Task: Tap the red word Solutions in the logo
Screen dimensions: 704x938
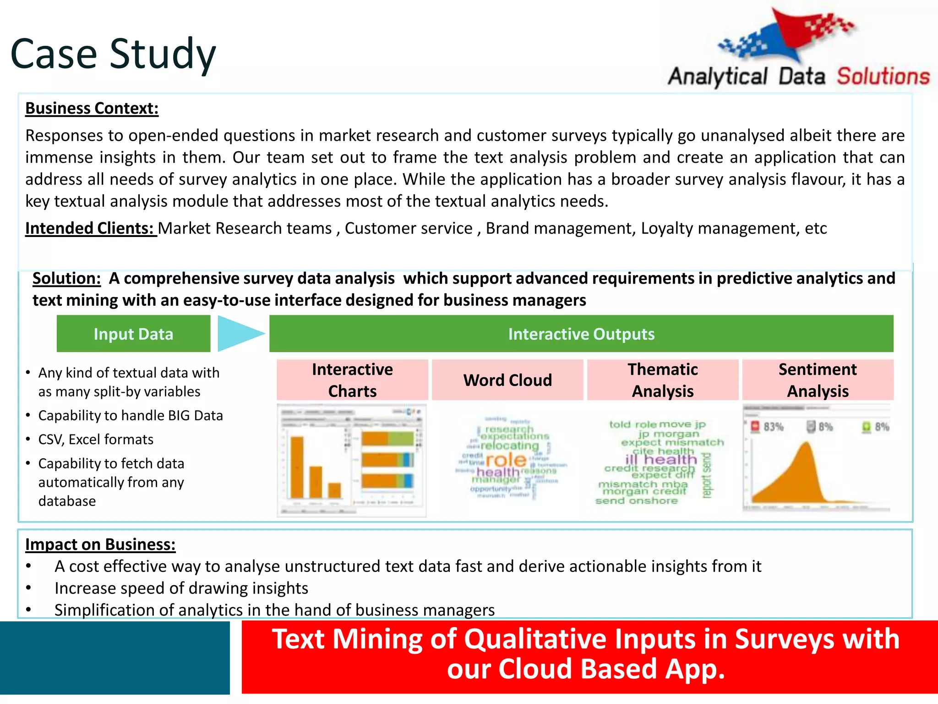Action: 883,76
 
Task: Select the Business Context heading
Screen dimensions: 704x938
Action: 92,109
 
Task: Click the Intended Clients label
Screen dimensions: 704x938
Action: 90,228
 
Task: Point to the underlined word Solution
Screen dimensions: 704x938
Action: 66,279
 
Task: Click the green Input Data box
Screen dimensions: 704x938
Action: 133,334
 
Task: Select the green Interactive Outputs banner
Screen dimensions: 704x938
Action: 581,334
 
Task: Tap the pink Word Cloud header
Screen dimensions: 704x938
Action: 507,380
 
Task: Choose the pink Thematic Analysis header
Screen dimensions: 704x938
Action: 662,380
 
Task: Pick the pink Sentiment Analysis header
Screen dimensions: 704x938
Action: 818,380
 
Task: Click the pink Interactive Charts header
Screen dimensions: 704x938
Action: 352,380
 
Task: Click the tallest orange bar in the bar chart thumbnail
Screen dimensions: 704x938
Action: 297,467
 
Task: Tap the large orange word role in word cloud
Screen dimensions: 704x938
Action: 506,459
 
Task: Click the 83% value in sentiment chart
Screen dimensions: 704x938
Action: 773,427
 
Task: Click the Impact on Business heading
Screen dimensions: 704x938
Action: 100,544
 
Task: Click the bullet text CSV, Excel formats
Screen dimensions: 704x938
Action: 96,440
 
